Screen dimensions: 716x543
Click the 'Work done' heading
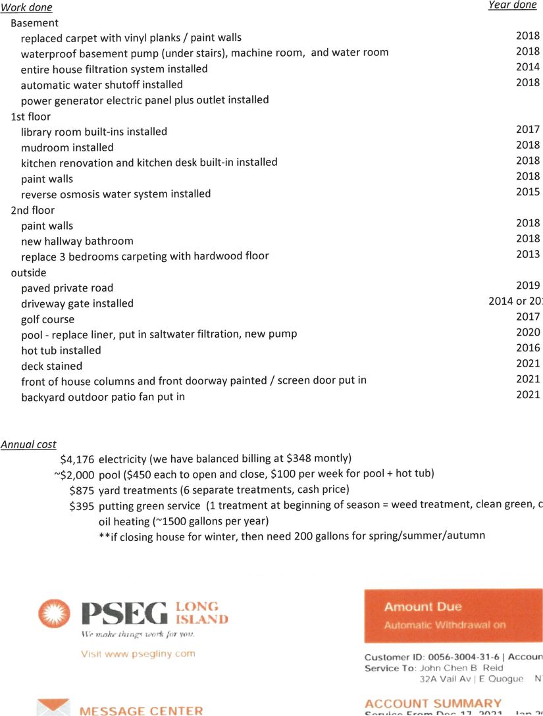coord(27,8)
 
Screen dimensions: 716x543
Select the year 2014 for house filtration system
coord(528,67)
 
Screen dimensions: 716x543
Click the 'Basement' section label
coord(34,23)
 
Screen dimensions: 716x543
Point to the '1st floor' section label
coord(30,116)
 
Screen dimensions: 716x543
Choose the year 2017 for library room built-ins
coord(528,130)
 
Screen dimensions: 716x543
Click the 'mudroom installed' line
coord(67,147)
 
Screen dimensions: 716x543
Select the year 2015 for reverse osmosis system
coord(528,192)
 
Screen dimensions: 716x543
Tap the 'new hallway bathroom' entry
coord(77,241)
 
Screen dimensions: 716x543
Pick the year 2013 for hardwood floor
coord(528,254)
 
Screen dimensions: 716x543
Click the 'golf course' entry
coord(47,319)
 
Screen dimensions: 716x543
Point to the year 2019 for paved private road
coord(528,286)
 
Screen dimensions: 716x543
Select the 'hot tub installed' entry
coord(61,350)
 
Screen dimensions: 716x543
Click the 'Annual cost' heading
coord(28,444)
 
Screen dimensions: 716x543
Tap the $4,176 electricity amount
coord(78,459)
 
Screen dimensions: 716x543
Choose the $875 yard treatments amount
coord(82,490)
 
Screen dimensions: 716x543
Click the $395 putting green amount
coord(82,506)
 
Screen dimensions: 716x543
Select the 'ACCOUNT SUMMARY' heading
coord(432,703)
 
